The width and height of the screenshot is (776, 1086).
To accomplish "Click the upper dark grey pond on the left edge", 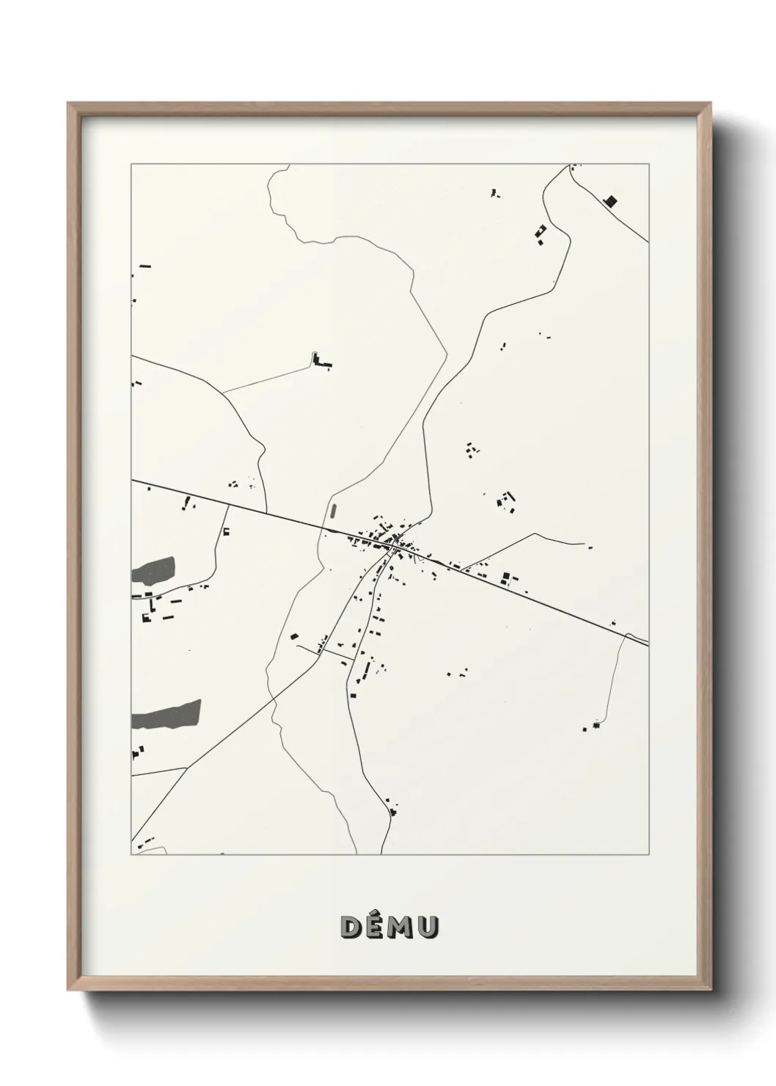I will [154, 569].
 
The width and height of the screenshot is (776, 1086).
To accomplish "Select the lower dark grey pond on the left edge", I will [166, 714].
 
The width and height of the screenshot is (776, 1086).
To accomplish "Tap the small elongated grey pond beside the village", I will [333, 511].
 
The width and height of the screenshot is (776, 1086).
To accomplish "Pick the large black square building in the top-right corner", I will [609, 200].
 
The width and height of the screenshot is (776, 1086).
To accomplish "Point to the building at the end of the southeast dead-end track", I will [596, 725].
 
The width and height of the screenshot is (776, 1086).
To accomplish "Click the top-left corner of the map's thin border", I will [131, 164].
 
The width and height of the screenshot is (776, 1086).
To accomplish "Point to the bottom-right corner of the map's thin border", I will [648, 854].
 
